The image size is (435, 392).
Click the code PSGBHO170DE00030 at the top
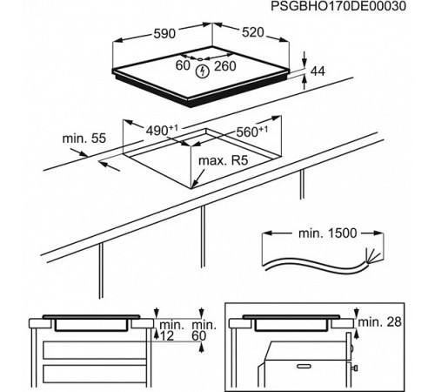click(351, 8)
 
